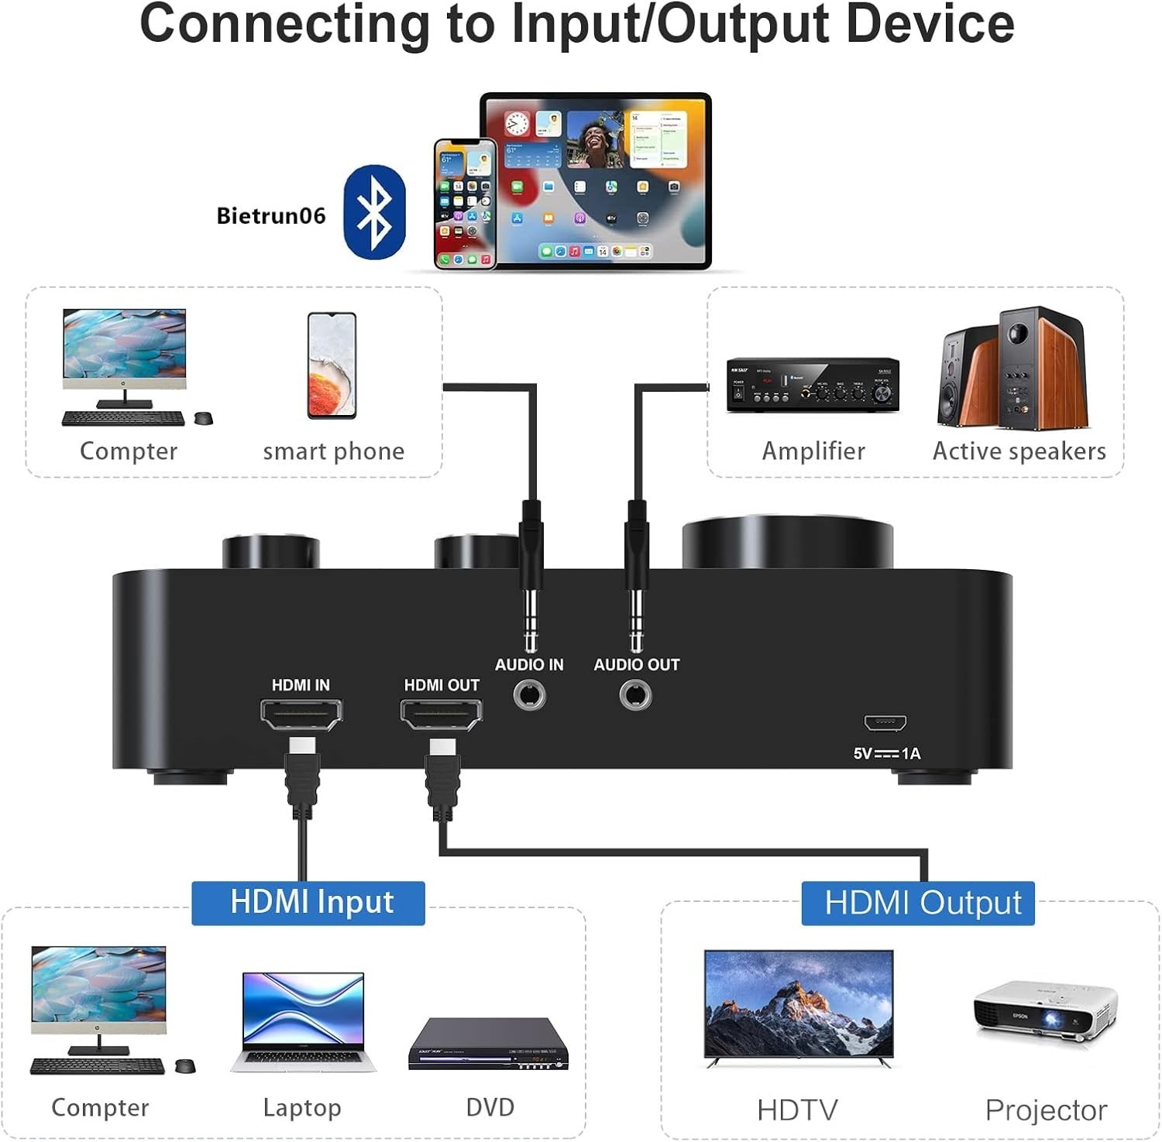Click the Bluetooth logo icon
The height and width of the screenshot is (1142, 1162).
coord(374,212)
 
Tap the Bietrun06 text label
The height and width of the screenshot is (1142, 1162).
coord(270,216)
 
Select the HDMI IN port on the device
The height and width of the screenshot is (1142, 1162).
coord(301,715)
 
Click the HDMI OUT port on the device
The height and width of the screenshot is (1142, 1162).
coord(441,715)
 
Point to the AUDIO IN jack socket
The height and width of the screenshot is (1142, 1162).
coord(530,695)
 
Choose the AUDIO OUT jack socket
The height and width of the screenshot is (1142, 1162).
coord(636,695)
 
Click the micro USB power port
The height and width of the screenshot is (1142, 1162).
coord(885,724)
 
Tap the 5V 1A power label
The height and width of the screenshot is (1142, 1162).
coord(887,753)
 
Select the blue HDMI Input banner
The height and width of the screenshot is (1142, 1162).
coord(308,903)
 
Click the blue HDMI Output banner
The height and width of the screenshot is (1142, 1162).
coord(918,903)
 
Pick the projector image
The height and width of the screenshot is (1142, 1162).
coord(1044,1015)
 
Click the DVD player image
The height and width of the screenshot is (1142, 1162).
coord(489,1045)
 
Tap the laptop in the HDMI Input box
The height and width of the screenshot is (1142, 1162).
coord(303,1022)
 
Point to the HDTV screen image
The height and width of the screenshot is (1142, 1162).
coord(798,1005)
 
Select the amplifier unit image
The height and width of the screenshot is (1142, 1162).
coord(813,385)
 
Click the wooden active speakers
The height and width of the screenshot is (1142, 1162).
coord(1012,369)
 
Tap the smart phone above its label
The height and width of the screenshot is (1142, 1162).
coord(332,365)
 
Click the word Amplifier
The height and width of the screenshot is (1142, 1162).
coord(813,451)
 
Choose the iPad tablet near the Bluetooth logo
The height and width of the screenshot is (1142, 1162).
coord(595,180)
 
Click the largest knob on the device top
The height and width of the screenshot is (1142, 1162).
coord(788,542)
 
